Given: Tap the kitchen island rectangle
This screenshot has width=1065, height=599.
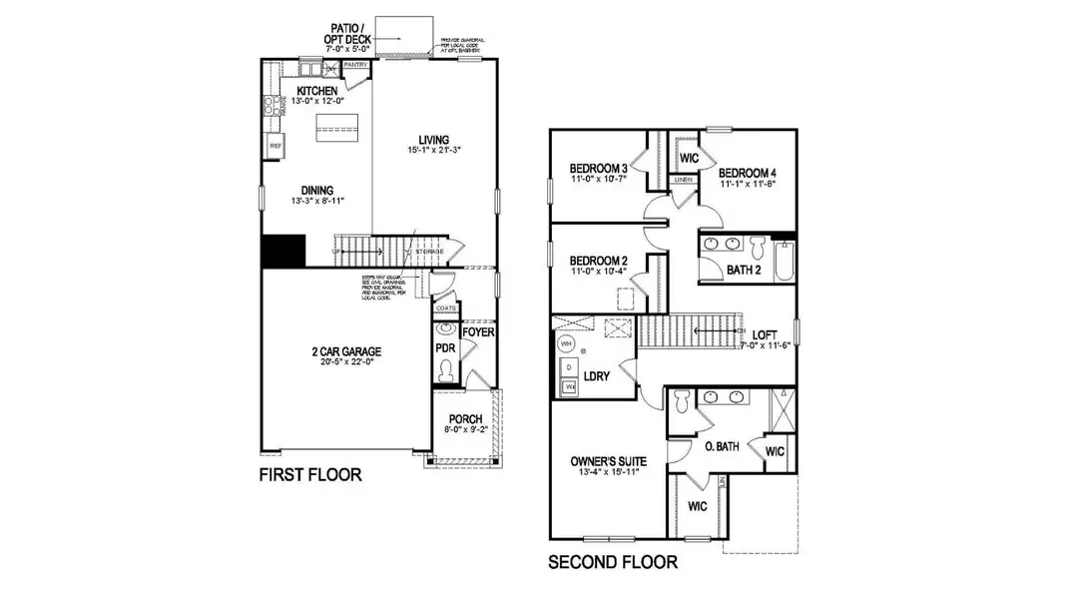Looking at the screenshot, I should [x=336, y=125].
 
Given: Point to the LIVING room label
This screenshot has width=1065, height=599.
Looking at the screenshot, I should [x=434, y=140].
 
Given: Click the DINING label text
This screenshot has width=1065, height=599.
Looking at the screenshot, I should [x=317, y=191].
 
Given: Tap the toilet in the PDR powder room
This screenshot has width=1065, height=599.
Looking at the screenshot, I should [x=445, y=372].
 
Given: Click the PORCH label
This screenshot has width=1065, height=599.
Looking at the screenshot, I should [x=465, y=418].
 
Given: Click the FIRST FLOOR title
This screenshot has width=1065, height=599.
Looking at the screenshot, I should [x=310, y=475].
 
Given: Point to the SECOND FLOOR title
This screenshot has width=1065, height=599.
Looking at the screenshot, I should [x=613, y=562].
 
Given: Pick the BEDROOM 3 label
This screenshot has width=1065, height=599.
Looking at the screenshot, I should [x=599, y=168].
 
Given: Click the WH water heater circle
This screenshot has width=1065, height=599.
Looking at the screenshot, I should [x=566, y=344].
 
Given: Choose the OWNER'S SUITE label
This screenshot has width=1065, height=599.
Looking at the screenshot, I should [x=608, y=461].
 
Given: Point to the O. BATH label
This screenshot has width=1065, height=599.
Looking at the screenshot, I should [x=721, y=446].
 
